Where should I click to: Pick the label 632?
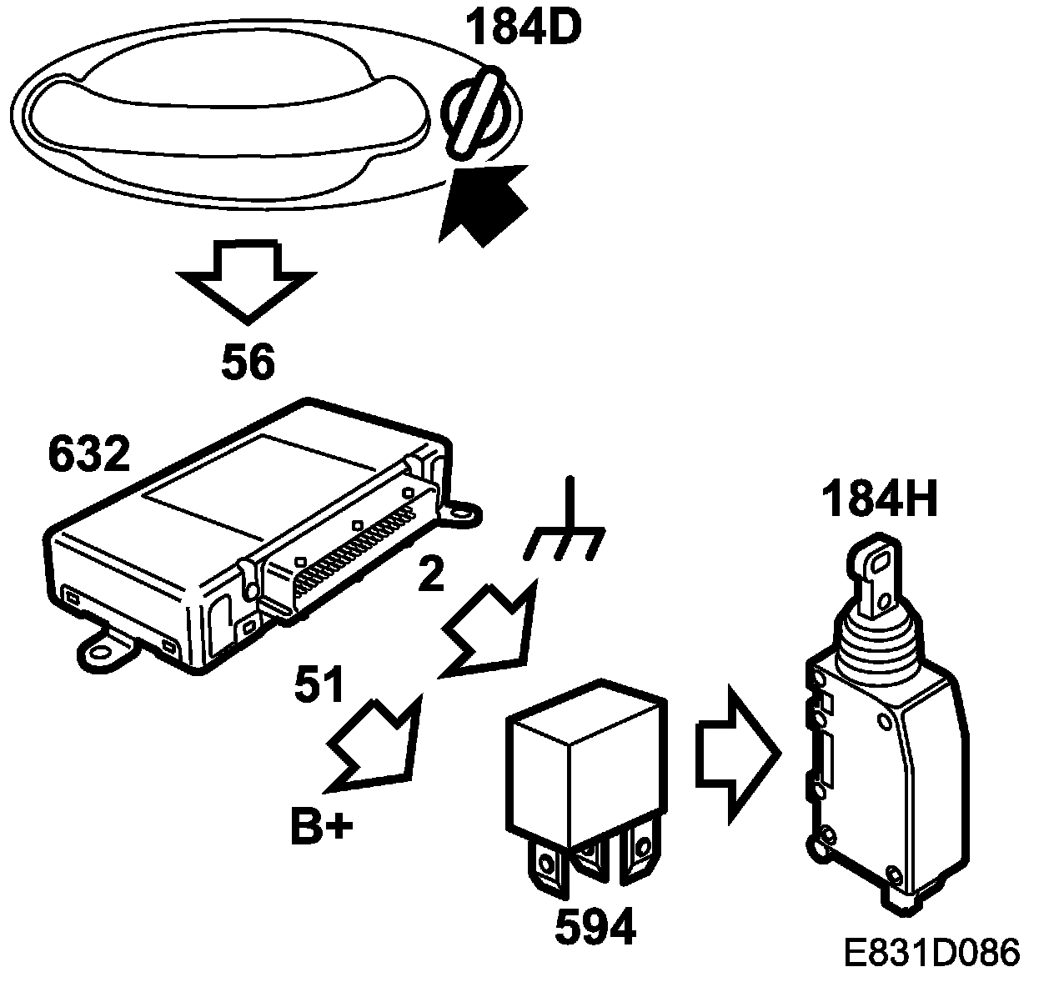coord(89,454)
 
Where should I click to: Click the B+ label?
coord(322,828)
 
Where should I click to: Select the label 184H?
coord(880,501)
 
